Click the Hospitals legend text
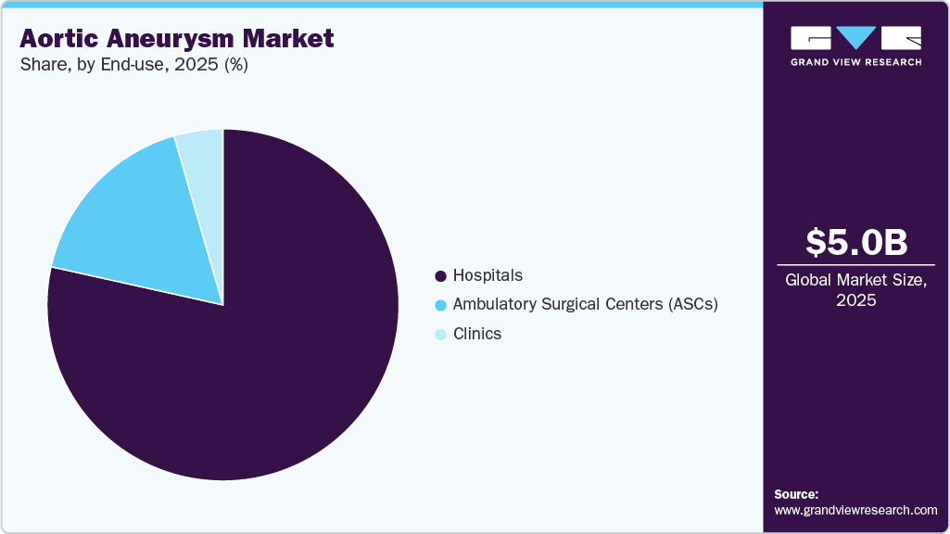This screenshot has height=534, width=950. (488, 275)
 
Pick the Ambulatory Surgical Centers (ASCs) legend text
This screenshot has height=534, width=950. (585, 304)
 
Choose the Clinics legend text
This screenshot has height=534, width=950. (476, 334)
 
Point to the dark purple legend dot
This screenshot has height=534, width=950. (440, 276)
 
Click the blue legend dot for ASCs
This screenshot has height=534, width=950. (440, 305)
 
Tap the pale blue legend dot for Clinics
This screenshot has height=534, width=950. (440, 335)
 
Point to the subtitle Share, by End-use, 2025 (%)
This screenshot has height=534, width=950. (133, 66)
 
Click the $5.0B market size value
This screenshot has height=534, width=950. (855, 242)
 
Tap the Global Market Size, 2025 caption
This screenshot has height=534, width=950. (855, 289)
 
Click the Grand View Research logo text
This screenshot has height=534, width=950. (855, 62)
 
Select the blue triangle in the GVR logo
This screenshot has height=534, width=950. (855, 38)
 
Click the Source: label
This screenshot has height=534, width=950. (796, 494)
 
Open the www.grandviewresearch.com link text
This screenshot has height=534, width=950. (855, 510)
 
